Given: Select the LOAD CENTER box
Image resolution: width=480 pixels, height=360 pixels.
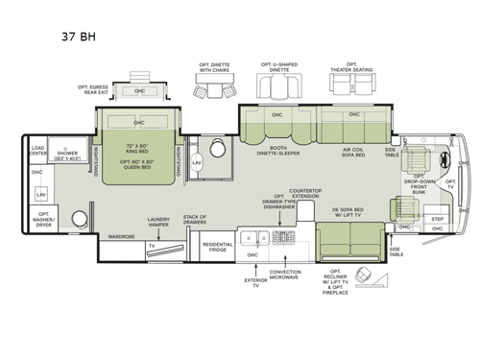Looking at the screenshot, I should tap(38, 151).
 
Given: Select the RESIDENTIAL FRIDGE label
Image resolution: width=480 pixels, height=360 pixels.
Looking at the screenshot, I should tap(219, 248).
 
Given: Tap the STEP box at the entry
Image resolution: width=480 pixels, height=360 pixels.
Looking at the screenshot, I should tap(437, 219).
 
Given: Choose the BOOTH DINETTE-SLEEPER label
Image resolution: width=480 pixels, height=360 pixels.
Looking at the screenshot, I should tap(277, 150).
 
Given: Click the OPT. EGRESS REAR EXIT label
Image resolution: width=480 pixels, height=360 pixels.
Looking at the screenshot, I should tap(97, 89).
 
